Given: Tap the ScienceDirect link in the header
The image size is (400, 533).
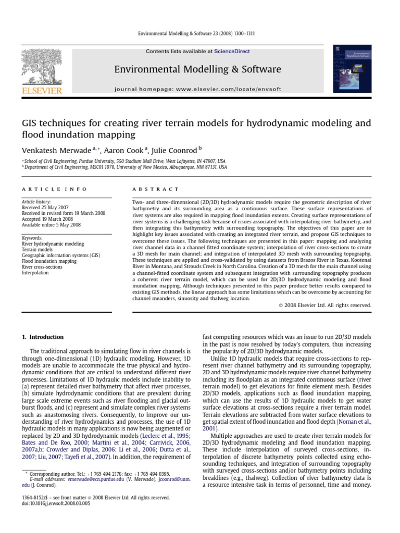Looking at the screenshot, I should coord(232,52).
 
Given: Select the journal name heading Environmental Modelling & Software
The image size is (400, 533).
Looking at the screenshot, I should coord(197,70).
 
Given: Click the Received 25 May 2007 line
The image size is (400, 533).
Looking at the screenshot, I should coord(45,207).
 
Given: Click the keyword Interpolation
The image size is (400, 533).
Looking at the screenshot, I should coord(35,272).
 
